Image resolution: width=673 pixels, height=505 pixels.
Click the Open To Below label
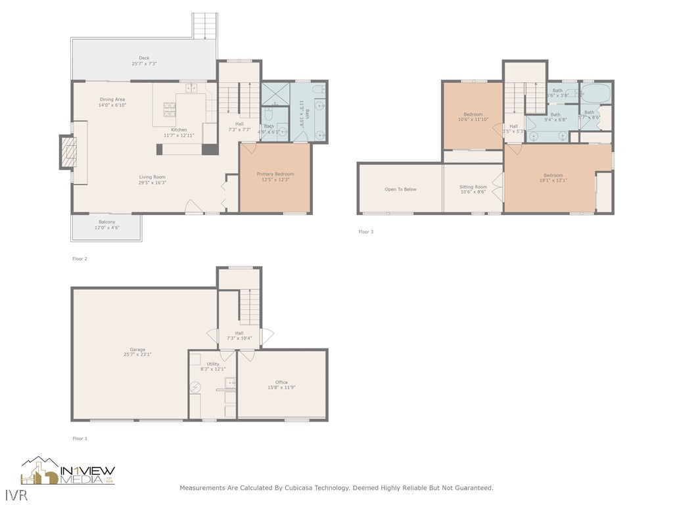coord(400,189)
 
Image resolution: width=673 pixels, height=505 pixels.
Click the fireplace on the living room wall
coord(68,152)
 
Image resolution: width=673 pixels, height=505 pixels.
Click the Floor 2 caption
coord(80,258)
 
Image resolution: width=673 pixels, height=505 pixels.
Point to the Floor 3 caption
coord(365,231)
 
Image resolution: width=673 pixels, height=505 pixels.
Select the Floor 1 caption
coord(80,438)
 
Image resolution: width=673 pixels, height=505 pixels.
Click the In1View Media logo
coord(68,471)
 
